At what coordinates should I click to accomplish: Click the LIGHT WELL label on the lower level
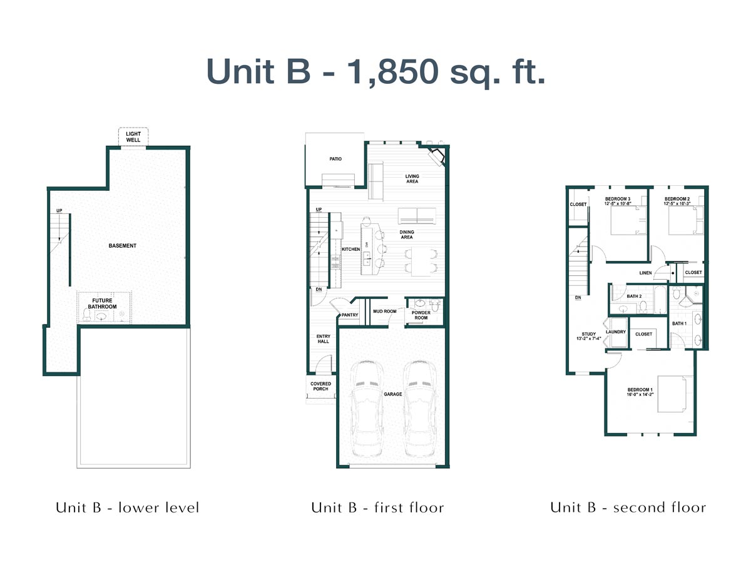(x=133, y=137)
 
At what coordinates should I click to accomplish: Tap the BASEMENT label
(x=122, y=246)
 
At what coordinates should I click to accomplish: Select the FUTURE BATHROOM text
(x=102, y=303)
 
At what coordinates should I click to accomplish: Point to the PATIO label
(x=335, y=159)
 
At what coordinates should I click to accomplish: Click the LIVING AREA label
(x=412, y=178)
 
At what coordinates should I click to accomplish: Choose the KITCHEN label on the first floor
(x=351, y=249)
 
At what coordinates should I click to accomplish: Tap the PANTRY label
(x=350, y=315)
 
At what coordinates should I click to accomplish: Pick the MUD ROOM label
(x=385, y=311)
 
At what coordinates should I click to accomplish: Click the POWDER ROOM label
(x=421, y=315)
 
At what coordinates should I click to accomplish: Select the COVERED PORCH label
(x=320, y=386)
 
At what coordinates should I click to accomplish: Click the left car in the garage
(x=367, y=409)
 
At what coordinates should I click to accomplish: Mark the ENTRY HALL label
(x=323, y=338)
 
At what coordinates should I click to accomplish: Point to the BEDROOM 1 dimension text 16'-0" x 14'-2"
(x=640, y=395)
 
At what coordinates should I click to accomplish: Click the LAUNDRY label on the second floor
(x=616, y=332)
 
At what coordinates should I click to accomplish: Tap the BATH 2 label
(x=634, y=296)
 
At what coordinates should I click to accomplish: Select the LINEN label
(x=645, y=273)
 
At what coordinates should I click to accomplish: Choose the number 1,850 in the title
(x=392, y=71)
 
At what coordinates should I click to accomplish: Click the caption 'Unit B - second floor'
(x=628, y=507)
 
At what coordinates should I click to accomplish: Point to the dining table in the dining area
(x=421, y=262)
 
